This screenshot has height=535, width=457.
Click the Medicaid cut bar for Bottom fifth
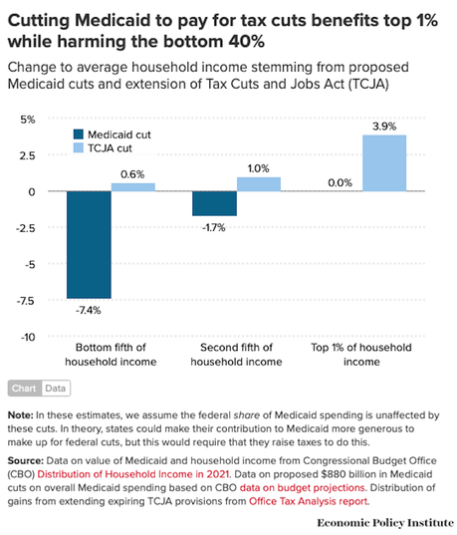pyautogui.click(x=89, y=244)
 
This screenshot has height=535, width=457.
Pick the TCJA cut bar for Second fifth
pyautogui.click(x=258, y=184)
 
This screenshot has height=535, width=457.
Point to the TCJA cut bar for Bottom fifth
pyautogui.click(x=133, y=187)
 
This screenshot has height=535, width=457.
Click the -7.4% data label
pyautogui.click(x=89, y=310)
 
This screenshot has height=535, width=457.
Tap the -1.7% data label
pyautogui.click(x=213, y=227)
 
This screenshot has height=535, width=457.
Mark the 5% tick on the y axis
pyautogui.click(x=28, y=119)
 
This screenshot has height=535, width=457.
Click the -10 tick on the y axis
pyautogui.click(x=26, y=337)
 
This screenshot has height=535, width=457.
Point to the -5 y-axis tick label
pyautogui.click(x=29, y=264)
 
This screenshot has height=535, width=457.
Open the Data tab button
pyautogui.click(x=56, y=389)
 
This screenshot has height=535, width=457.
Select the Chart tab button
pyautogui.click(x=25, y=389)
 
